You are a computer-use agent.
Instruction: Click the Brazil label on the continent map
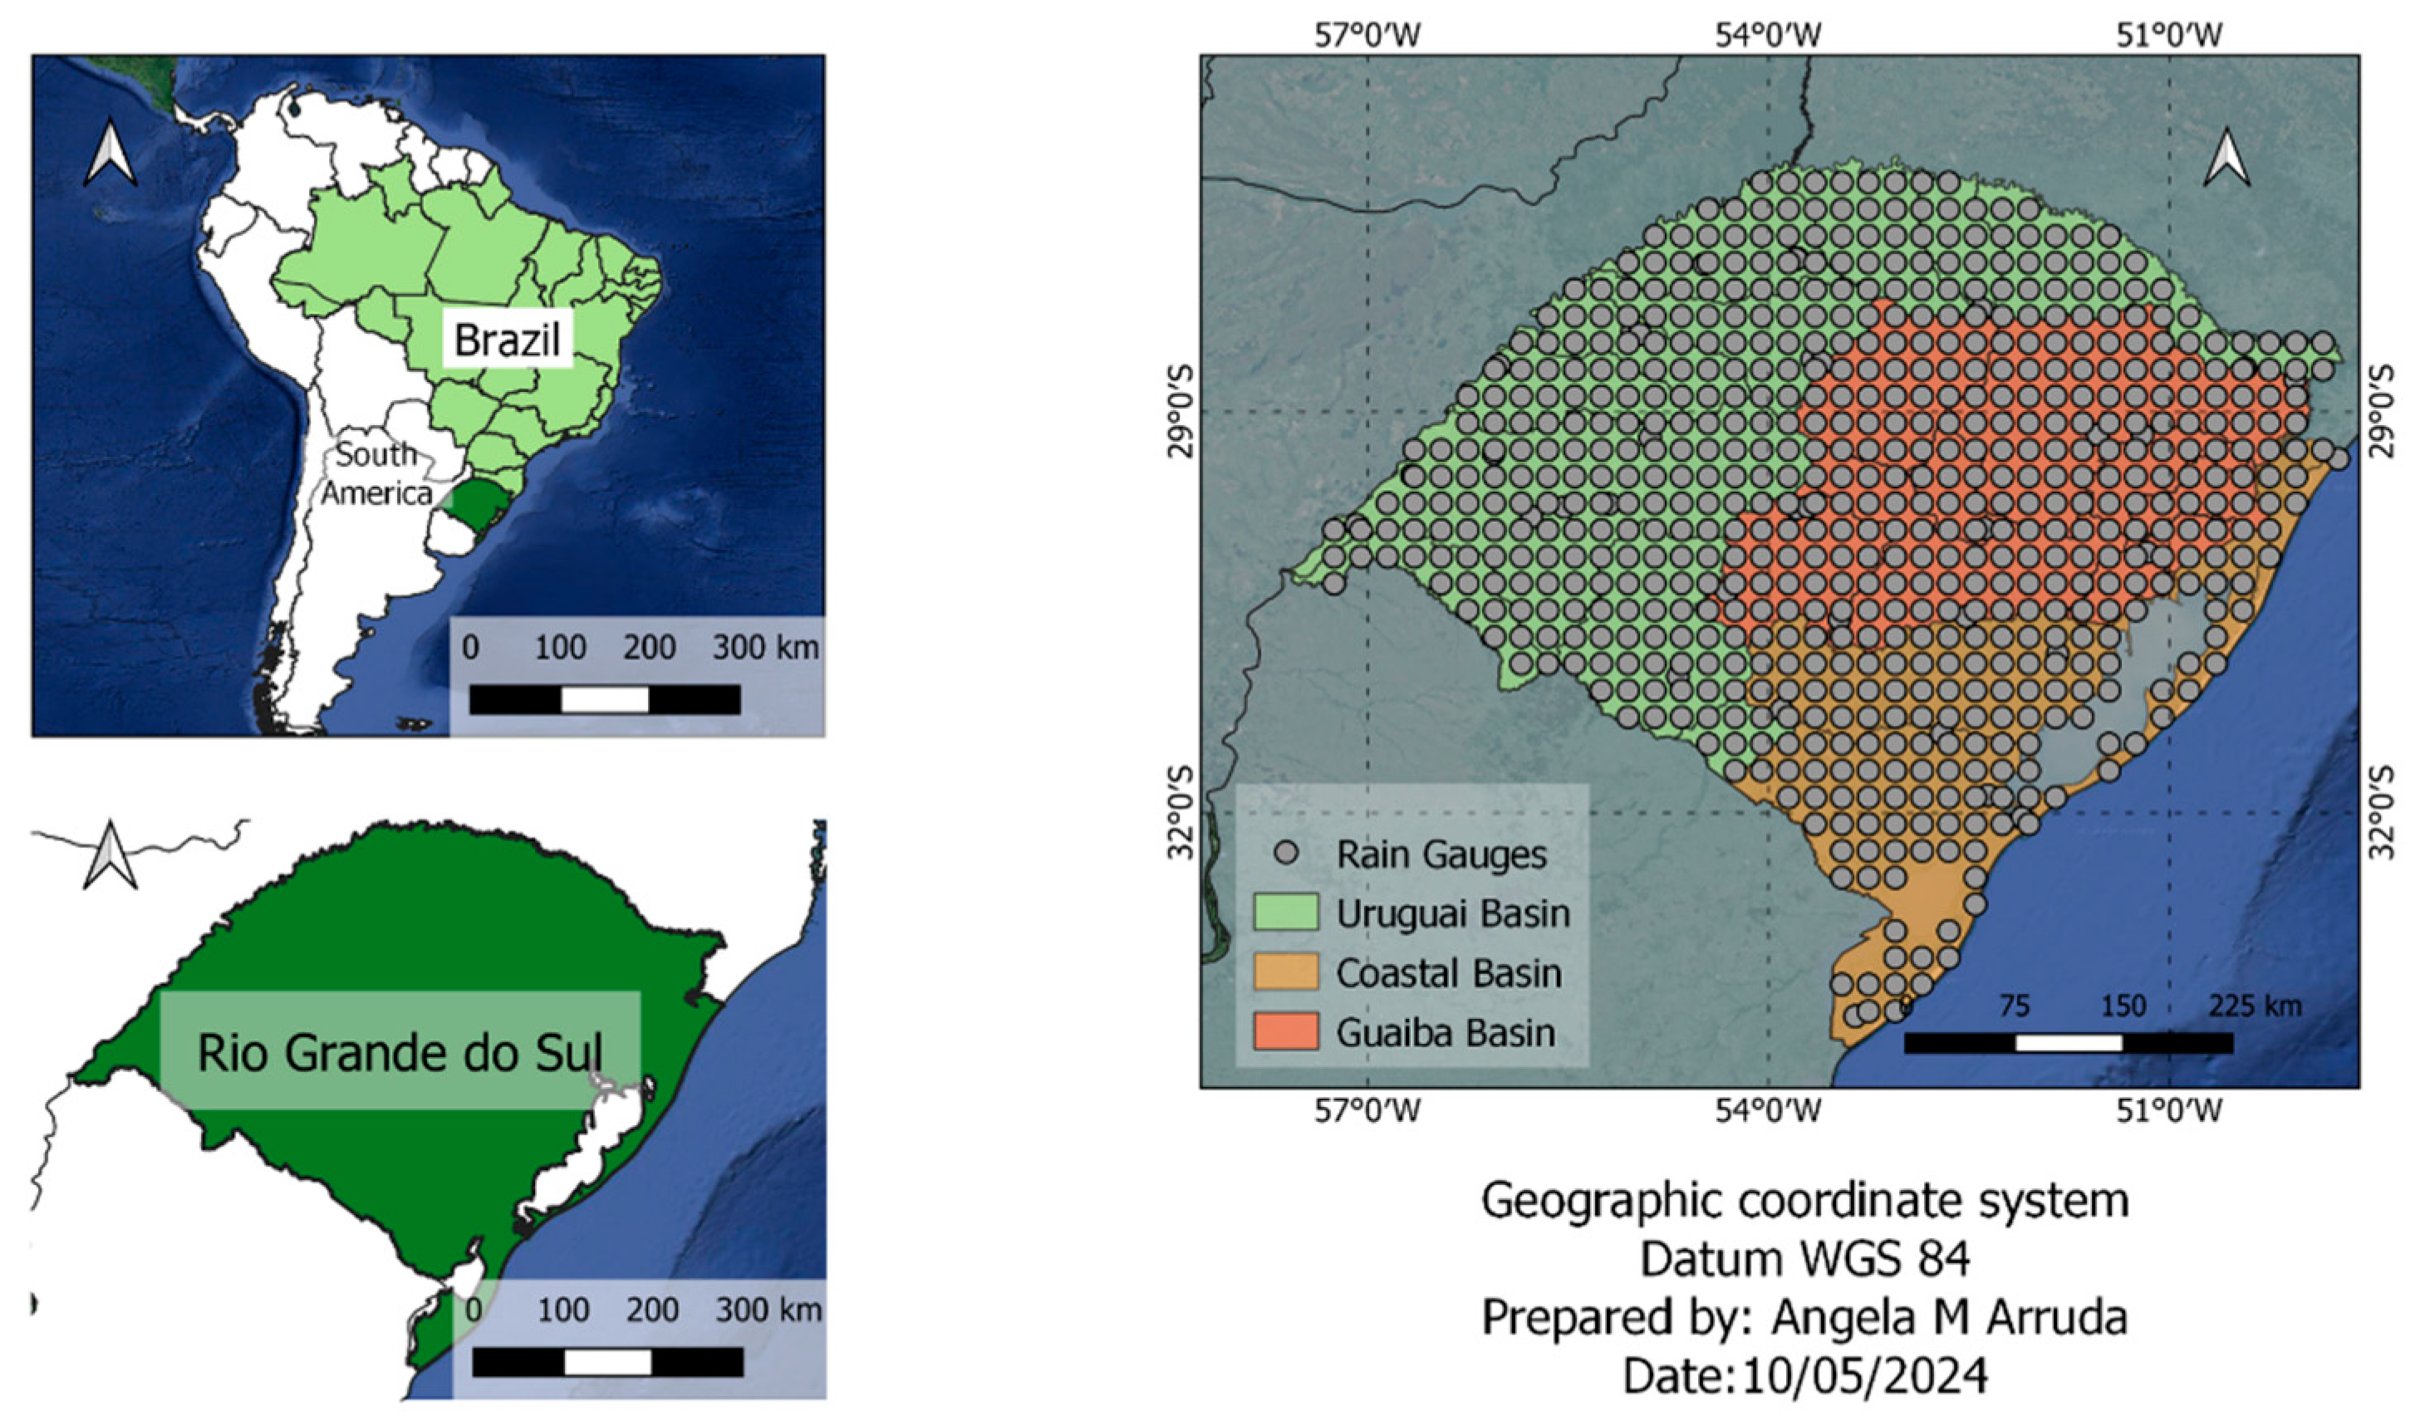507,339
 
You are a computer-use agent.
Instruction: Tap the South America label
376,473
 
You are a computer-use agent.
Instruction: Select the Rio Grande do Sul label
400,1051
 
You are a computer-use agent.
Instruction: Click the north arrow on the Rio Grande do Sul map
111,855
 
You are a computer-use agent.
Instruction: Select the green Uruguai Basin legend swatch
1286,913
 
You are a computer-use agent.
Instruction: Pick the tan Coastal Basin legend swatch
1286,972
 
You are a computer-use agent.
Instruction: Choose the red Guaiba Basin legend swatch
1286,1032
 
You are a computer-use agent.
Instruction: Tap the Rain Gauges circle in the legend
1288,853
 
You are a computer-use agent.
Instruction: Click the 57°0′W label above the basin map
1367,37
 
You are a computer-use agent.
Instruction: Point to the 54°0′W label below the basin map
1769,1111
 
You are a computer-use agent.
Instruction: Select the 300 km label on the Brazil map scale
765,646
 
